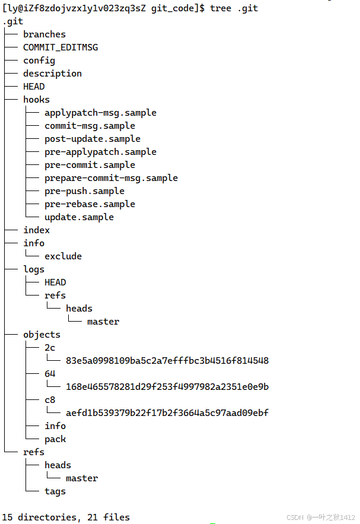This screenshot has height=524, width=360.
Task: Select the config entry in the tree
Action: (x=39, y=61)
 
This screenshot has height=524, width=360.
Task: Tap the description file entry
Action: (x=52, y=74)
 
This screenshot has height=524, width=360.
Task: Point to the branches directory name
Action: (x=44, y=34)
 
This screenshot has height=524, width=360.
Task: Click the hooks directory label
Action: (x=36, y=100)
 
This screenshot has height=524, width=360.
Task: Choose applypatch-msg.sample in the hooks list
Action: (x=100, y=113)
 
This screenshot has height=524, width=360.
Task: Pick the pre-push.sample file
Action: (x=84, y=191)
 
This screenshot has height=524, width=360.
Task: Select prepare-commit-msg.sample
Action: (x=111, y=178)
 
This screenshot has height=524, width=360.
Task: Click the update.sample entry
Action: (x=79, y=217)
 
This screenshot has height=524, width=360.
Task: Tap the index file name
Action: (x=36, y=230)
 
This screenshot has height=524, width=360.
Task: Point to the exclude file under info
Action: (x=63, y=256)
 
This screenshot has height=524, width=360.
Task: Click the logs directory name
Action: (x=34, y=269)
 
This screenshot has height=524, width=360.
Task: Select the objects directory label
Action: (x=42, y=335)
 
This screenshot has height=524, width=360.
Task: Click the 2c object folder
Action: (x=50, y=348)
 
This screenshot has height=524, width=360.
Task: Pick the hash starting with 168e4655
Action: (x=167, y=387)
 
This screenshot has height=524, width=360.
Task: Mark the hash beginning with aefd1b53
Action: (x=167, y=413)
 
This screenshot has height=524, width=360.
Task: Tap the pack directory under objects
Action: (x=55, y=439)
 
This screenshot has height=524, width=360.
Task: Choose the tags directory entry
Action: (x=55, y=491)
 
